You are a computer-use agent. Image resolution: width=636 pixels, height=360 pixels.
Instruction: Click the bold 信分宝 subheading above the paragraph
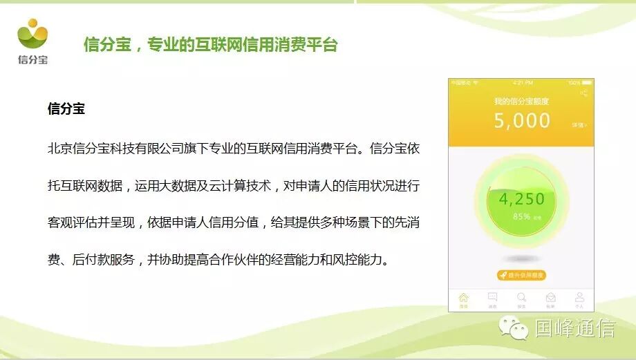(x=66, y=109)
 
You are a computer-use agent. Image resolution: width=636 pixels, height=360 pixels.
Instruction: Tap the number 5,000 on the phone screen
(x=522, y=122)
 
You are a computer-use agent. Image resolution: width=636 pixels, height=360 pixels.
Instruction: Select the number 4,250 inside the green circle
(x=522, y=199)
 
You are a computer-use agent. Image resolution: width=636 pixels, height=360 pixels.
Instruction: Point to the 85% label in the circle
(x=522, y=216)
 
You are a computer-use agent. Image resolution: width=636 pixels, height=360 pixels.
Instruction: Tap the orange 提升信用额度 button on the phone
(x=522, y=275)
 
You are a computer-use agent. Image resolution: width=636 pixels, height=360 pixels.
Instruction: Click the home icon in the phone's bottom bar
(x=463, y=299)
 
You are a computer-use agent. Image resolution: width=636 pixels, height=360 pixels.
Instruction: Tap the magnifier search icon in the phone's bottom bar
(x=521, y=299)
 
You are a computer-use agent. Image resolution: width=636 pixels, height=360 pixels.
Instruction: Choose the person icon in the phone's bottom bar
(x=579, y=299)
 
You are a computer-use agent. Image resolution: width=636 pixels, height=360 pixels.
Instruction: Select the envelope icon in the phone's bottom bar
(x=550, y=299)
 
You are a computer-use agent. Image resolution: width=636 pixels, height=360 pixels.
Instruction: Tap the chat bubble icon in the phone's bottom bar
(x=492, y=299)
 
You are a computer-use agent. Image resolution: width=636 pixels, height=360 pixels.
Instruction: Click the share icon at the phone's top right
(x=584, y=93)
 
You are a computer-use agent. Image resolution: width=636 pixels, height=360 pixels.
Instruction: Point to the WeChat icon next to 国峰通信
(x=515, y=328)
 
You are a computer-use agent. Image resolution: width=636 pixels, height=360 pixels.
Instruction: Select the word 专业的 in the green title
(x=169, y=46)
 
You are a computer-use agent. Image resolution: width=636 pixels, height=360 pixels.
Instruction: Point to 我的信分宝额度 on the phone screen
(x=522, y=101)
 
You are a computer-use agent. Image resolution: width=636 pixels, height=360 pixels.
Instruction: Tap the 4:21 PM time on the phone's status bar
(x=523, y=83)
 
